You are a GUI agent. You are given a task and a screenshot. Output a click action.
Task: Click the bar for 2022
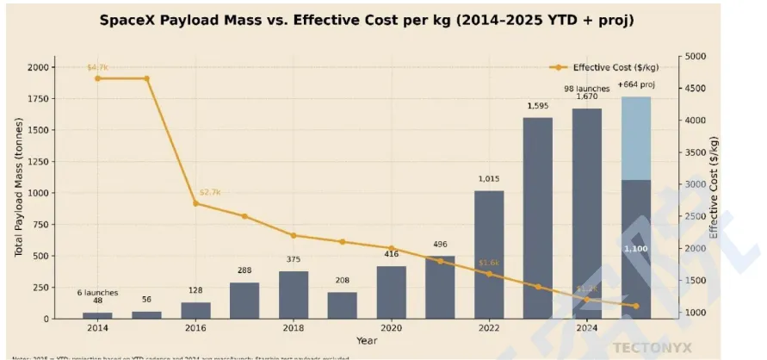click(x=489, y=254)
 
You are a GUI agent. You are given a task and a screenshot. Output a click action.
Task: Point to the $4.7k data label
click(x=97, y=67)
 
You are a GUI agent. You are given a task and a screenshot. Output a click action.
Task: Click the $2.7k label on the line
click(x=210, y=192)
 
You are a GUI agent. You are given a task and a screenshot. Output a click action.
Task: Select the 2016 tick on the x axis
click(x=195, y=328)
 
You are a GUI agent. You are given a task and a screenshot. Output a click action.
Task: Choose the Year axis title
click(x=367, y=340)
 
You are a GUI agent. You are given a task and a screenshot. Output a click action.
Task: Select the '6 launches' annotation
click(x=97, y=292)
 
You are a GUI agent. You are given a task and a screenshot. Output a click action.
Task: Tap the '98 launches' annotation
click(x=587, y=88)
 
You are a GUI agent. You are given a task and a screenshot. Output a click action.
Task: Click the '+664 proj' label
click(x=636, y=85)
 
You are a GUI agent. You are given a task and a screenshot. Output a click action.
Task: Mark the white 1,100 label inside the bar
click(x=636, y=249)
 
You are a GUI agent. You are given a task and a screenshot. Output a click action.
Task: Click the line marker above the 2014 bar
click(x=97, y=78)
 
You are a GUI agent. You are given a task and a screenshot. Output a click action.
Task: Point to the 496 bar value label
click(x=440, y=244)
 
